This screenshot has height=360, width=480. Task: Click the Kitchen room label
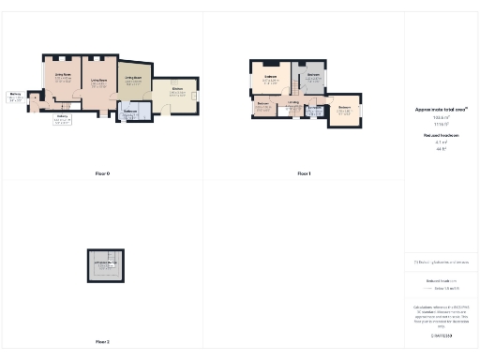175,91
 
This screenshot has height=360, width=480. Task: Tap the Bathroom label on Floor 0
130,112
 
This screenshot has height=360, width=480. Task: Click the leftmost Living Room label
63,77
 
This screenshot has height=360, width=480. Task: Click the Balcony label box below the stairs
62,119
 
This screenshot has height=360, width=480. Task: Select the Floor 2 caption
102,341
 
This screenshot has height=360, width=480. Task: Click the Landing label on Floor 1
293,103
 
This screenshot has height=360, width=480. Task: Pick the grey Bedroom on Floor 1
313,76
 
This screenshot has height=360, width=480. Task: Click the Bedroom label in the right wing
344,109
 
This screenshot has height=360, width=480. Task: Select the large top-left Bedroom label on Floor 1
270,78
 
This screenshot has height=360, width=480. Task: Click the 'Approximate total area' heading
441,110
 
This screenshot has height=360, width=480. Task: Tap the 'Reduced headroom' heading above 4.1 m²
441,136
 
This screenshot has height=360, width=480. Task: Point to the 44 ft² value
441,148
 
